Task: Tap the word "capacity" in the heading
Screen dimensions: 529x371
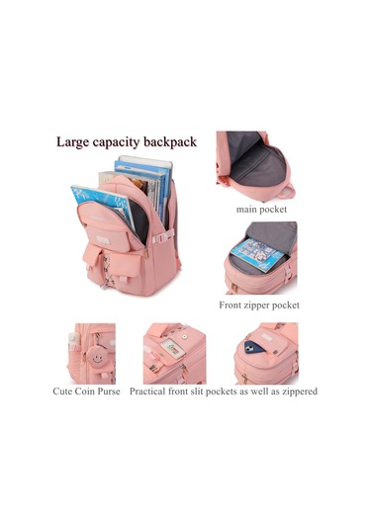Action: (121, 142)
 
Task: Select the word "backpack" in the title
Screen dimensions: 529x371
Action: (171, 141)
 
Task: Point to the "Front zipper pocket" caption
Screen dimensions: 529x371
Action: (259, 305)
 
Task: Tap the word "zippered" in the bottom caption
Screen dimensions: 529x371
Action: (295, 392)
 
